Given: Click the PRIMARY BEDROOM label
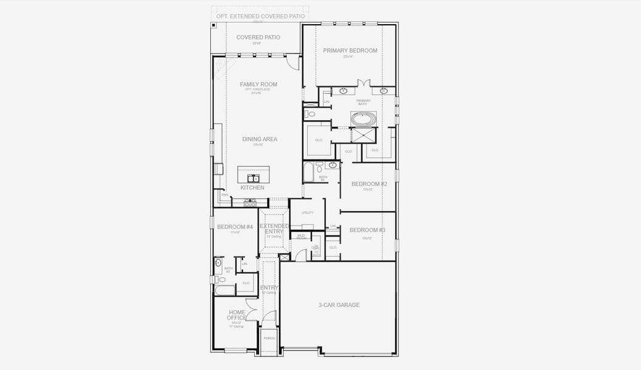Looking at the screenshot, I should click(350, 51).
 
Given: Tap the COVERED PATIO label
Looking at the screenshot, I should click(258, 38).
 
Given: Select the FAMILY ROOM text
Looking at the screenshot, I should click(258, 84).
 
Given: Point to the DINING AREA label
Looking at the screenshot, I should click(259, 139).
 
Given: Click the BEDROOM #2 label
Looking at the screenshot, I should click(369, 184).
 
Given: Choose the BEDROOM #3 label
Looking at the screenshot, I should click(367, 230).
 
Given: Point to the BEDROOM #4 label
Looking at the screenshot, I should click(234, 227).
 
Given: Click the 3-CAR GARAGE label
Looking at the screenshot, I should click(339, 305).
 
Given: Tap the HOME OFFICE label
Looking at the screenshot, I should click(237, 315).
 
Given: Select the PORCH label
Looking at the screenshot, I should click(269, 338).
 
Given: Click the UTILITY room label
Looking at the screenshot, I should click(307, 212).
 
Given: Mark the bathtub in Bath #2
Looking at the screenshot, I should click(308, 173).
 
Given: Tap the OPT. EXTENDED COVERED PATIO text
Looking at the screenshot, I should click(260, 15).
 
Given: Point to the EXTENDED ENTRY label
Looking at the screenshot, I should click(274, 229).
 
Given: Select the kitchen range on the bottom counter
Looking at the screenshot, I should click(250, 201).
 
